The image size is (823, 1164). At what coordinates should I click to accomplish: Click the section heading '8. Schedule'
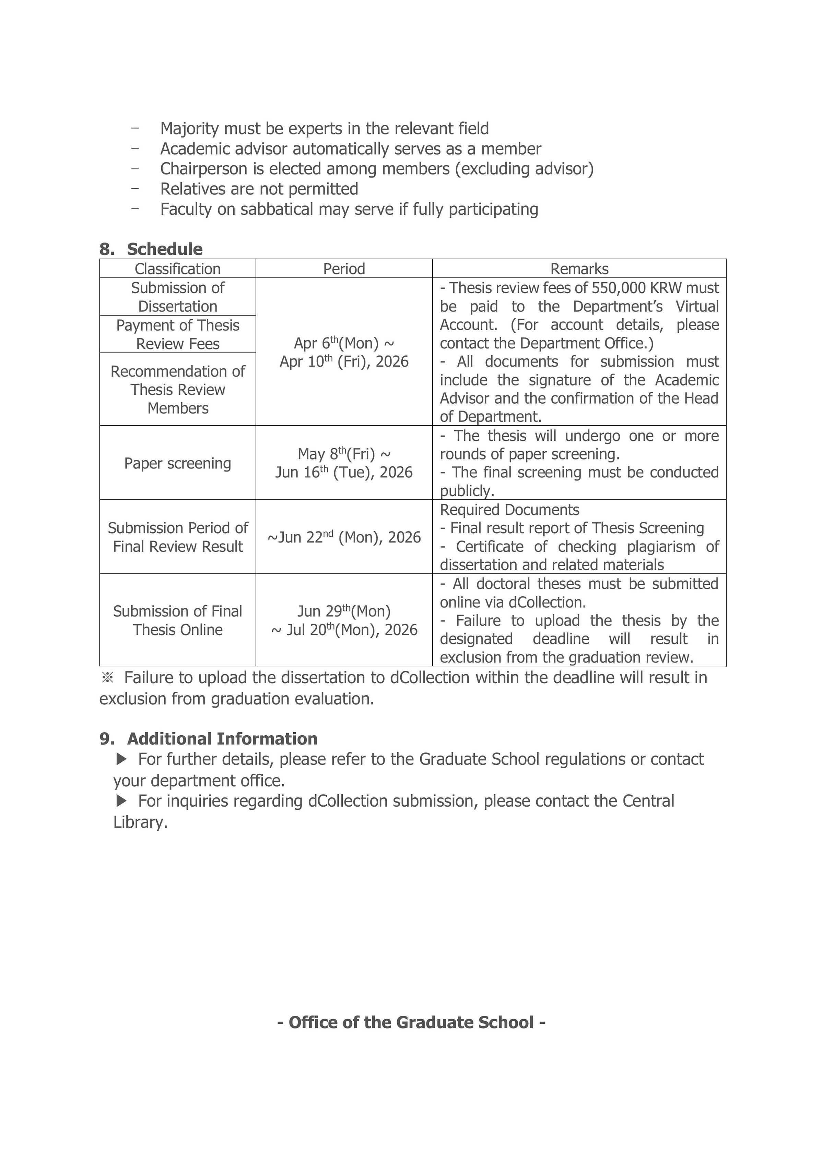pos(151,249)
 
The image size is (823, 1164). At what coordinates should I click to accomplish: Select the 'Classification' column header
pos(177,269)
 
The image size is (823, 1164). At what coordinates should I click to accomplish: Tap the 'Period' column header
pos(344,269)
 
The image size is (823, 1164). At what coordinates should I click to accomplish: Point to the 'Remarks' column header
pos(579,269)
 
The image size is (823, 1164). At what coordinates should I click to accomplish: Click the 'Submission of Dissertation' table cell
pos(177,297)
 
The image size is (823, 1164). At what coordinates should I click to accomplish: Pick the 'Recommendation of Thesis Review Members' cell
pos(177,389)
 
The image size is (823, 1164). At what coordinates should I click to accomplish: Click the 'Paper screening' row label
pos(177,463)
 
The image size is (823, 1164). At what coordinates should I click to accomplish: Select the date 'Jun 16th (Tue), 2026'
pos(344,473)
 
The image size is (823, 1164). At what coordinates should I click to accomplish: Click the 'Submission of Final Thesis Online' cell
pos(177,620)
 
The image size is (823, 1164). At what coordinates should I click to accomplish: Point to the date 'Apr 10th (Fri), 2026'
pos(344,362)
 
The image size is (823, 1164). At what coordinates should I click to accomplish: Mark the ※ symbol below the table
pos(107,678)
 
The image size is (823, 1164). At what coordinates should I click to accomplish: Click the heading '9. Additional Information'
pos(209,739)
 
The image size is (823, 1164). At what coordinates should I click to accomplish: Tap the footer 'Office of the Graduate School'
pos(411,1022)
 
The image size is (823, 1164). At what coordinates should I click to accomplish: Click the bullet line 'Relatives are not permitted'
pos(259,189)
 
